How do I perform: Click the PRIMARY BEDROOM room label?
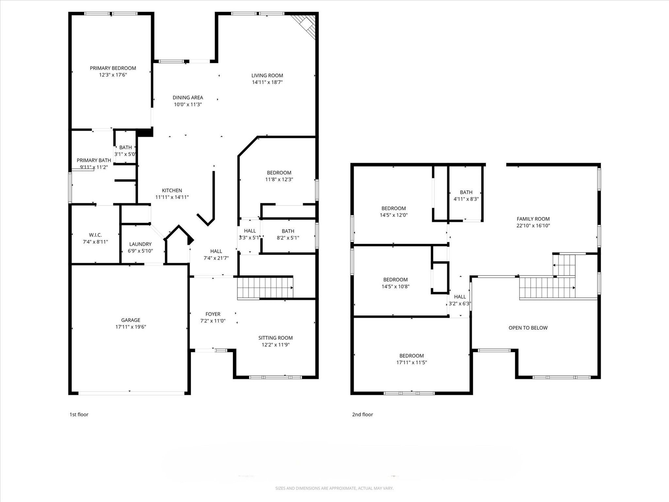(113, 68)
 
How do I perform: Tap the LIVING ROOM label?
(267, 75)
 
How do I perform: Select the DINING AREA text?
(188, 98)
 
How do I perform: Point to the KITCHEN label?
(172, 191)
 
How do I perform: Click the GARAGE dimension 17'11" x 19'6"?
(131, 327)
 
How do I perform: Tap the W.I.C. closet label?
(95, 235)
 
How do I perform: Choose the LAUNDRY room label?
(140, 244)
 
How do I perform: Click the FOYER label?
(213, 314)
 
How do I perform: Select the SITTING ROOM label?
(275, 338)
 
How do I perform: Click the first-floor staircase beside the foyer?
(265, 288)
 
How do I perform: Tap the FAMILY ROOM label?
(533, 219)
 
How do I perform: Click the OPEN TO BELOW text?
(528, 328)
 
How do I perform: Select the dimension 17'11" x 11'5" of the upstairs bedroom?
(412, 362)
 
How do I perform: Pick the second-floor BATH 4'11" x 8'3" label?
(466, 195)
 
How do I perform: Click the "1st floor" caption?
(79, 414)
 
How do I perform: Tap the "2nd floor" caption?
(362, 414)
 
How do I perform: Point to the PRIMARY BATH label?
(94, 160)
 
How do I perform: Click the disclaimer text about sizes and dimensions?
(334, 488)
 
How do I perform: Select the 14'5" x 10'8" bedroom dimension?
(395, 287)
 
